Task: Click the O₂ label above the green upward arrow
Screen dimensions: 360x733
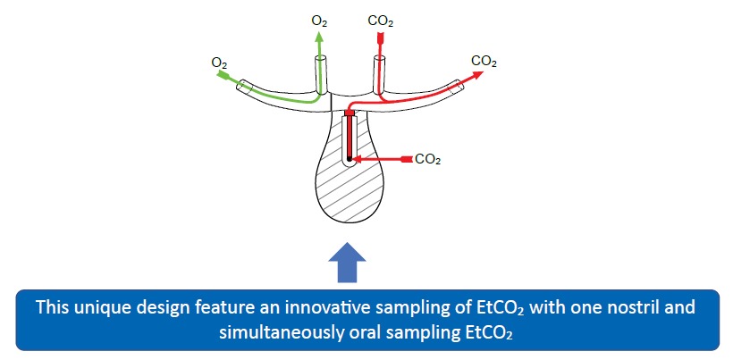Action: pos(319,19)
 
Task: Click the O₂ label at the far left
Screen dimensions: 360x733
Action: pos(219,63)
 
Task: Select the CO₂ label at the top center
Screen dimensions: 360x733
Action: pos(380,19)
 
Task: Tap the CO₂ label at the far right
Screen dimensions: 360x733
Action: pos(484,62)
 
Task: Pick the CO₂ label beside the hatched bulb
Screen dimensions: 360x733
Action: pos(428,159)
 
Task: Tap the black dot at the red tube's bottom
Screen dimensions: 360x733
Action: pos(350,159)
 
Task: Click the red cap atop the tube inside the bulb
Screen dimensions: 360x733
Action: pos(350,113)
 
